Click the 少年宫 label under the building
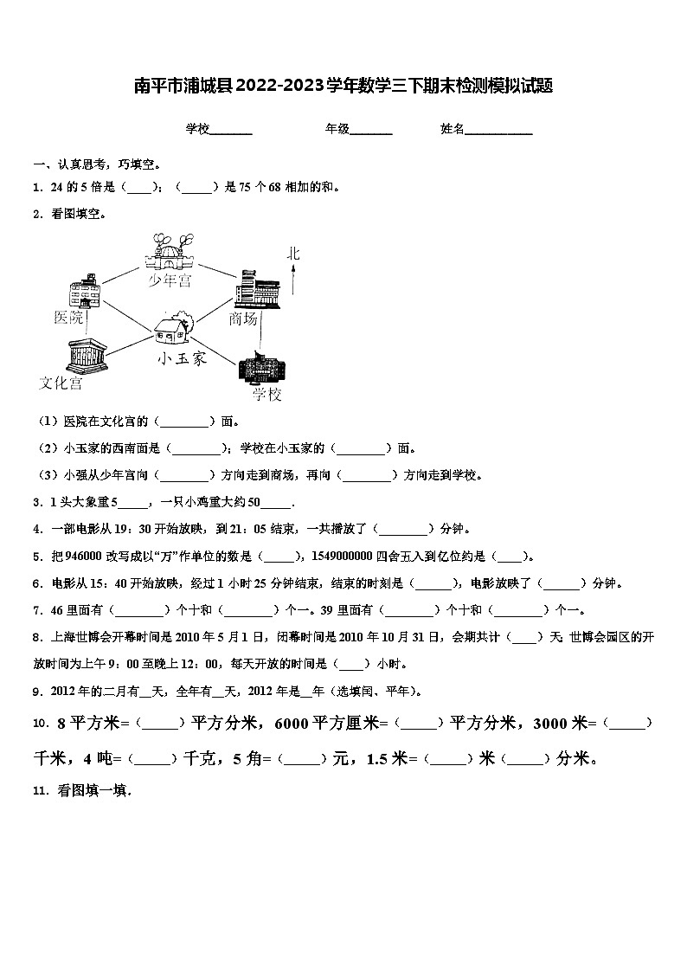(168, 281)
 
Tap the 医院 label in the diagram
(68, 317)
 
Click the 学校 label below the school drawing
(267, 395)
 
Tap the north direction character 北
(294, 254)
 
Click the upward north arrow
(294, 281)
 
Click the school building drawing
(260, 368)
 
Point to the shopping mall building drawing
(257, 288)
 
